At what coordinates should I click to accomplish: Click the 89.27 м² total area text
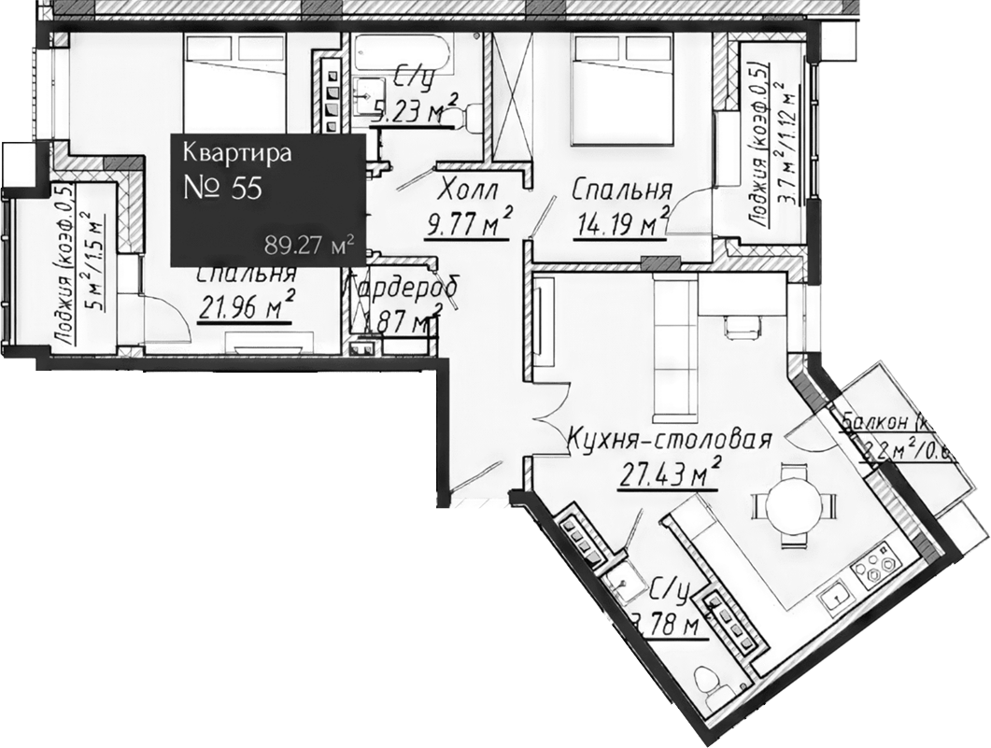[x=309, y=245]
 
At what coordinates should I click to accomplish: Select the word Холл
[x=468, y=191]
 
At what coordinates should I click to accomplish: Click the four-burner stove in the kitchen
[x=879, y=567]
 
